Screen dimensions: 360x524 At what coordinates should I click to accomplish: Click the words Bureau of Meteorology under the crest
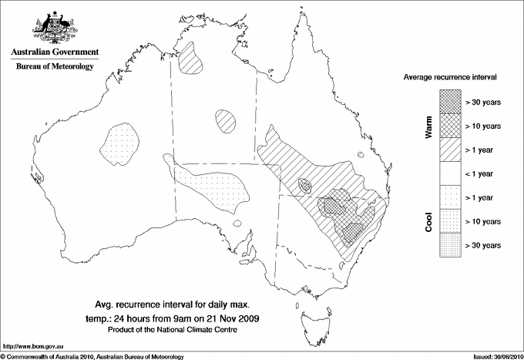point(54,66)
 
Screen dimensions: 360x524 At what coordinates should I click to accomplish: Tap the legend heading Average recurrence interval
point(455,78)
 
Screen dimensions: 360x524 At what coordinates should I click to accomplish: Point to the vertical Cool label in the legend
point(429,222)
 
